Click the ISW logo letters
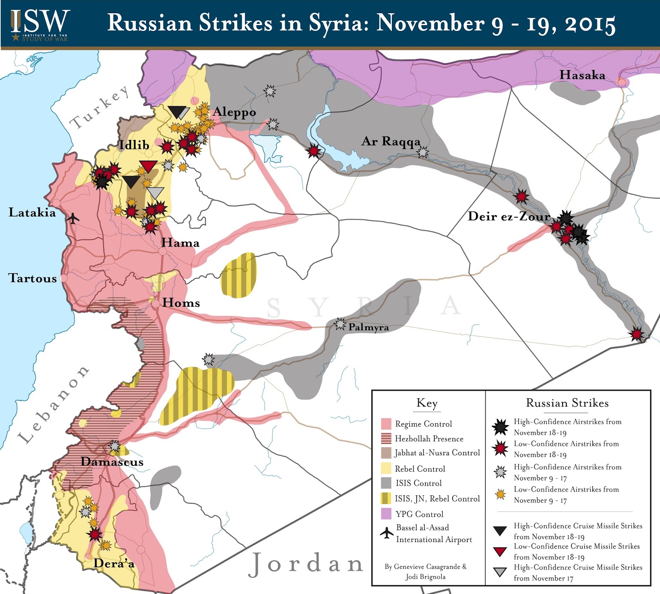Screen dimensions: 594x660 [40, 21]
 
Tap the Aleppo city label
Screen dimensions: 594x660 [234, 112]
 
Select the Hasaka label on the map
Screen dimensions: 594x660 [582, 75]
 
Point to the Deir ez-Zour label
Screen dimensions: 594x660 [509, 216]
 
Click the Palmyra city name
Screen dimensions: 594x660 [368, 327]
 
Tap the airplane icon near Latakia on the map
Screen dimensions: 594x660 [73, 218]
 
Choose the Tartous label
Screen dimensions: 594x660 [33, 278]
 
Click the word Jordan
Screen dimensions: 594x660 [306, 564]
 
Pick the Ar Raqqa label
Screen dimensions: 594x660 [390, 141]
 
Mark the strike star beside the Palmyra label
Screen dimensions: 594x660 [340, 324]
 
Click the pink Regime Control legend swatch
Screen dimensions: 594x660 [386, 424]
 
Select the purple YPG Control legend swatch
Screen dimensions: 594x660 [386, 514]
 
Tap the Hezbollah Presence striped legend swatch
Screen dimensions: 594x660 [386, 438]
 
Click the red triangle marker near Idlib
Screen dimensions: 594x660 [148, 166]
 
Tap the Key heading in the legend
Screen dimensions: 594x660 [427, 403]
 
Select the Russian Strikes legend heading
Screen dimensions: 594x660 [567, 403]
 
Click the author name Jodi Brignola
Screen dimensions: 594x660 [425, 577]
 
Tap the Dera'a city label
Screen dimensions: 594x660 [114, 563]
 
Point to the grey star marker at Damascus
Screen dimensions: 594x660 [115, 446]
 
